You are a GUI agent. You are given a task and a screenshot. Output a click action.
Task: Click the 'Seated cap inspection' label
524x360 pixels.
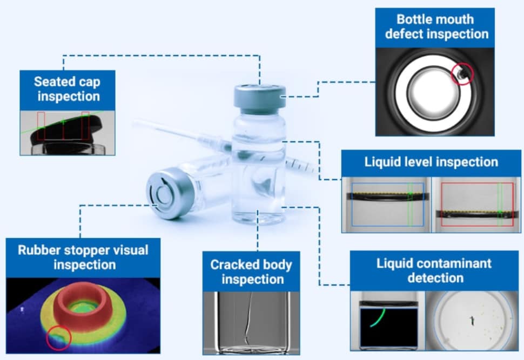[68, 89]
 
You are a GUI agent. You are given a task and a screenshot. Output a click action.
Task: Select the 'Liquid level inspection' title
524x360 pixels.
[431, 162]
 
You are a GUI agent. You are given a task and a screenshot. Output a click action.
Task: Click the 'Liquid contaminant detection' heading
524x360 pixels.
[434, 270]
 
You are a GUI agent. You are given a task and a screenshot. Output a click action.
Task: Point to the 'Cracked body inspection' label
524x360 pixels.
[251, 272]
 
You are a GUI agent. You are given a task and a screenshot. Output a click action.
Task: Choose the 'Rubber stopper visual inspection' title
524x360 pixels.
[83, 257]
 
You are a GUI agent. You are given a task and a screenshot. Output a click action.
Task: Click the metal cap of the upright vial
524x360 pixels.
[260, 99]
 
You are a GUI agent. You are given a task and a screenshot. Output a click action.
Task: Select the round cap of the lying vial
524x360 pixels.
[164, 194]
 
